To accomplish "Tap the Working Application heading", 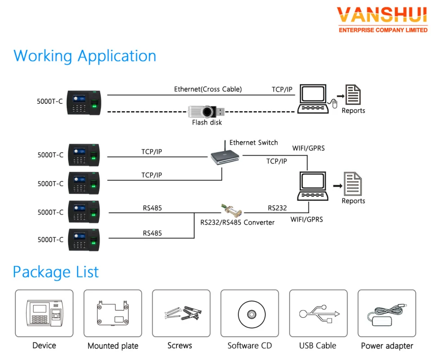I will (x=85, y=56).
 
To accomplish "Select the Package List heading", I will (x=56, y=272).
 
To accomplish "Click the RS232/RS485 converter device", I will (x=232, y=210).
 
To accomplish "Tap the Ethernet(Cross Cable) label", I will (x=208, y=89).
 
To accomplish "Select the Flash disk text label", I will (x=207, y=122).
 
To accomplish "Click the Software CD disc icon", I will (x=249, y=313).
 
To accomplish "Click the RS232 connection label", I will (x=277, y=208).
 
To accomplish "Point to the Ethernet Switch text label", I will (x=254, y=142).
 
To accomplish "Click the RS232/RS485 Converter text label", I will (x=237, y=222).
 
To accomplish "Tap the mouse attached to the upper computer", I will (x=334, y=104).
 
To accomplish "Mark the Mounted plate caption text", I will (x=113, y=346).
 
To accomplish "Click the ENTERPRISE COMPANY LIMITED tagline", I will (x=383, y=30).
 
